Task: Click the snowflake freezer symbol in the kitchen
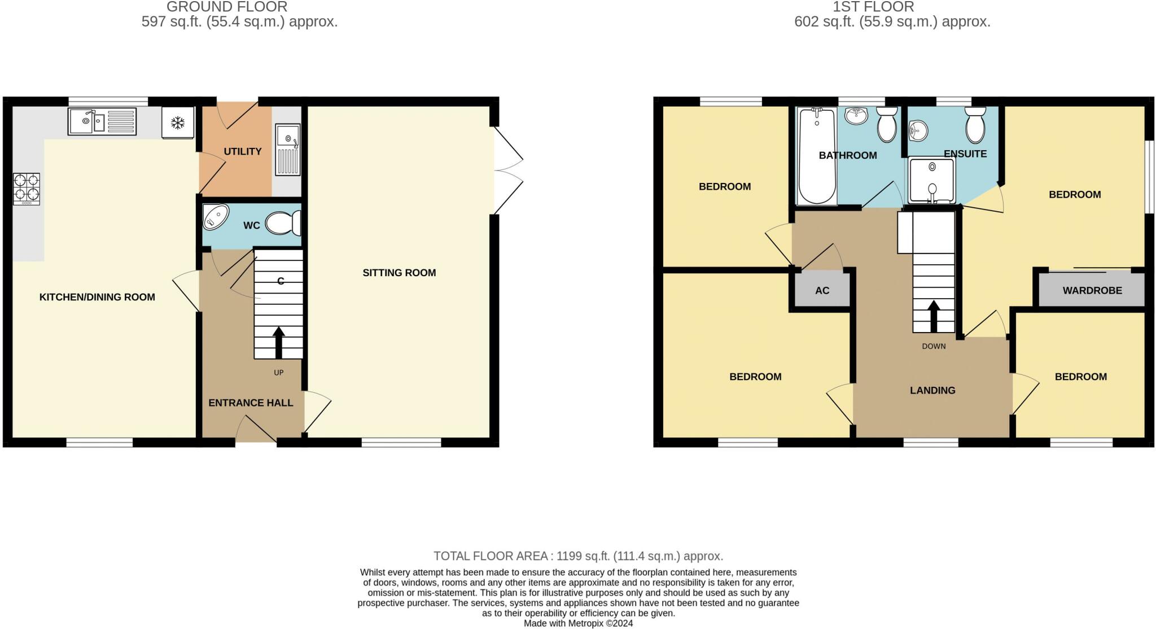178,123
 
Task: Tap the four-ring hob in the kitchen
27,188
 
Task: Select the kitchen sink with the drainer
102,121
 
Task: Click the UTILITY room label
243,151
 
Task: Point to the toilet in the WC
282,223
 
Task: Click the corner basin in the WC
215,217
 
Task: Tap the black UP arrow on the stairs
278,342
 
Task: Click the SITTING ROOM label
399,273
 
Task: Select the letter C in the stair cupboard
281,281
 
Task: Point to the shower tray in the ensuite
932,180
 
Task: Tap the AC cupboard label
822,290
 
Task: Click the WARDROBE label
1092,290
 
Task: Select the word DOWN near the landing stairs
934,346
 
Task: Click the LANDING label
932,390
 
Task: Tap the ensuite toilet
975,126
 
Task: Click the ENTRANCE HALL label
251,403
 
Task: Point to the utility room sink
288,149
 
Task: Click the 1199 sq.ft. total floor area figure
581,556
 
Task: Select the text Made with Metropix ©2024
578,623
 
